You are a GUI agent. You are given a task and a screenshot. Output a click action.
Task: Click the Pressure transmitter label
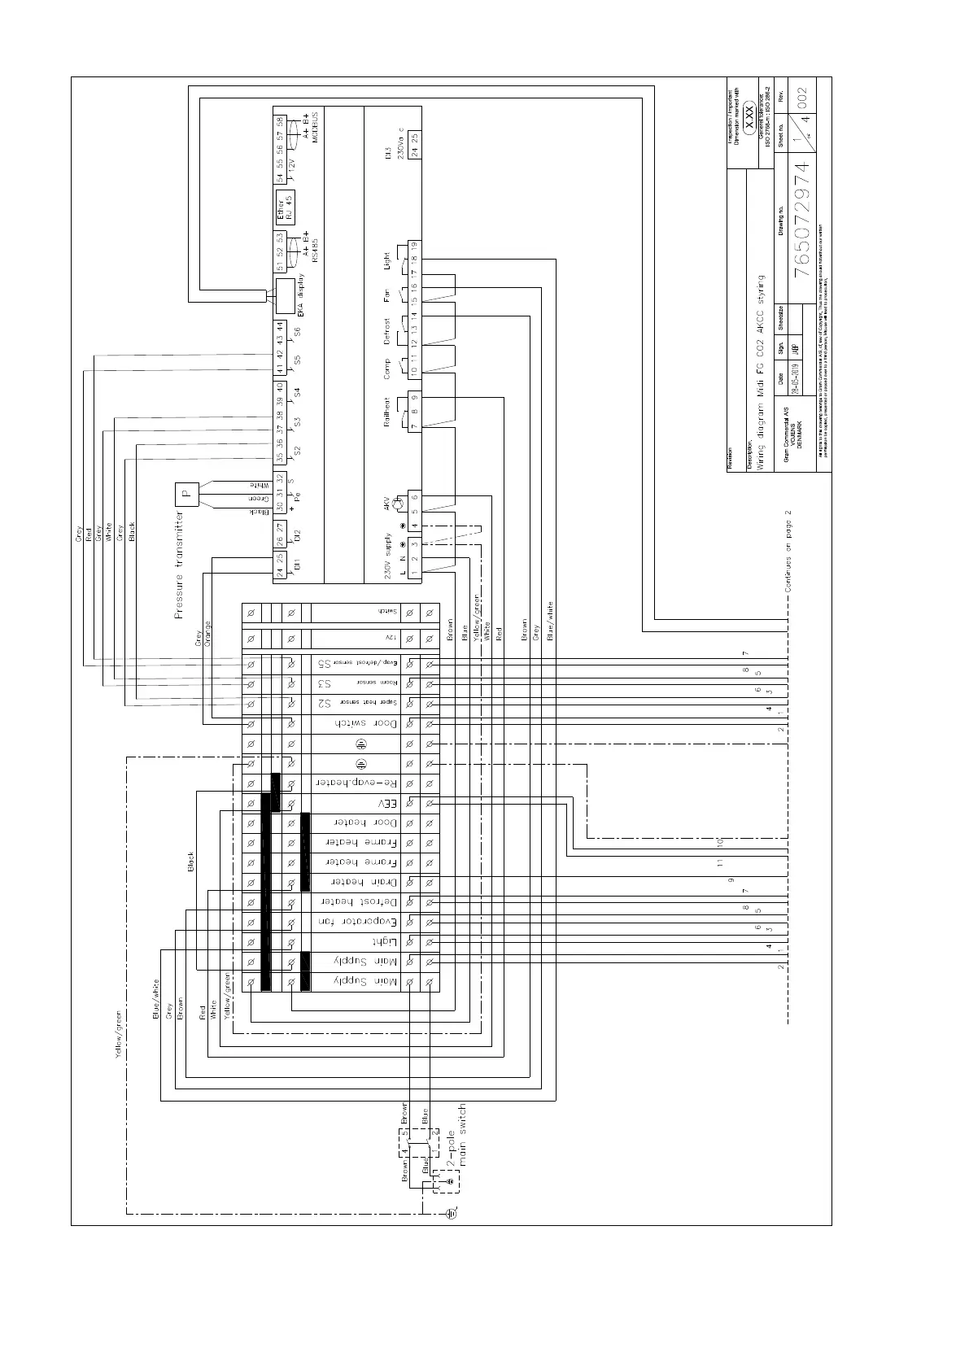click(180, 565)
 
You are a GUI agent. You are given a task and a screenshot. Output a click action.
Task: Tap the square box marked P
click(186, 493)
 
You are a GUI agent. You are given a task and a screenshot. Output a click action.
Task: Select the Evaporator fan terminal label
click(358, 922)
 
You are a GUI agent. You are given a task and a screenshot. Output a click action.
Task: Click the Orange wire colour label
click(207, 635)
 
